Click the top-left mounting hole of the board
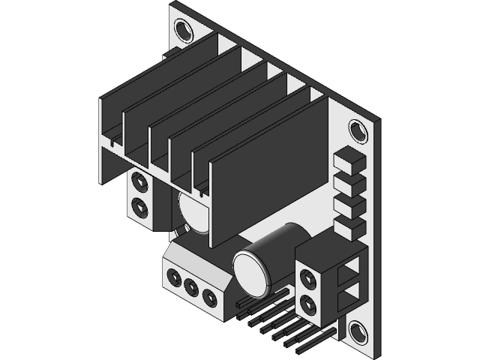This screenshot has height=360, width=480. (183, 29)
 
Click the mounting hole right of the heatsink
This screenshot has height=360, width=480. (358, 131)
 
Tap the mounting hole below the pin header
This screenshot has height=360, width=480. (357, 331)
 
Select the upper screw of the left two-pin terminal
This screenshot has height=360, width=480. (139, 182)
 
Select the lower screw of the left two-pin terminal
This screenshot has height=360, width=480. (139, 205)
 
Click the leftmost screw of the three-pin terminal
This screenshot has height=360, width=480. (174, 277)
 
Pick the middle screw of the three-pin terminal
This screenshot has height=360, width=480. (191, 286)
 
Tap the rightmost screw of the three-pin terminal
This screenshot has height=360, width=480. (209, 298)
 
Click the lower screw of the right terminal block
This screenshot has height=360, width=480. (307, 304)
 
